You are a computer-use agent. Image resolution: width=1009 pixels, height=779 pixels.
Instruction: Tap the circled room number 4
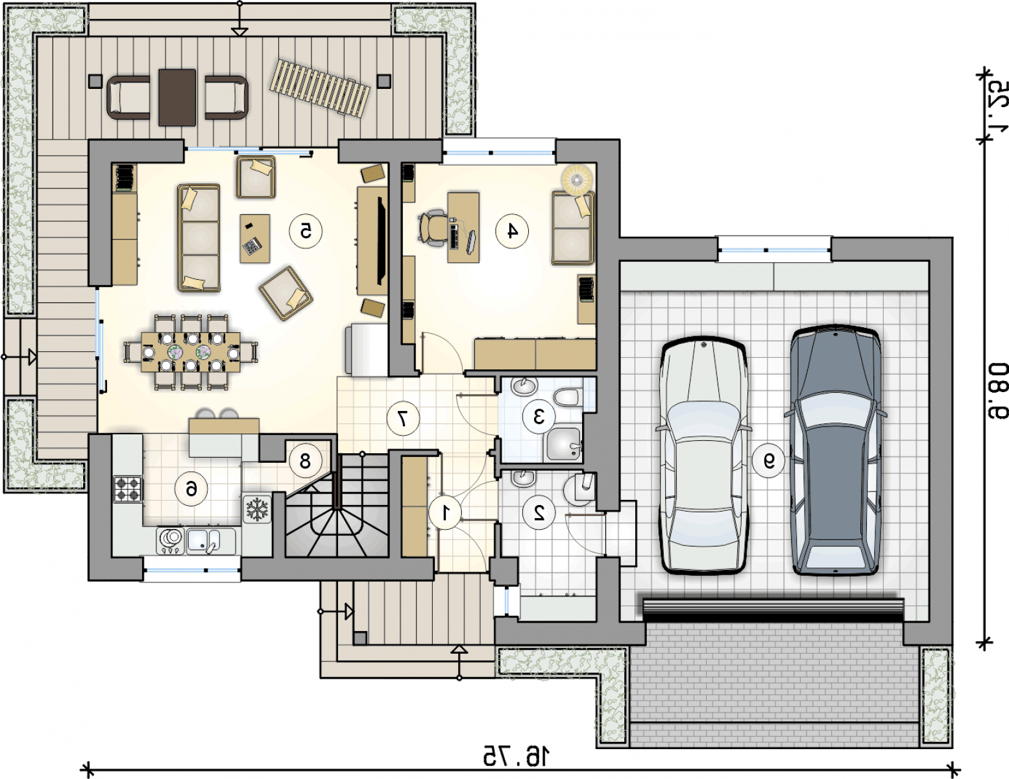click(x=511, y=231)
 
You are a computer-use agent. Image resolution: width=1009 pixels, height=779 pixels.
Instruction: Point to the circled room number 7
click(x=403, y=419)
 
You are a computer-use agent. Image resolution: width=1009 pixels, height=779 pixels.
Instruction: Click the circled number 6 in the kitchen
click(x=191, y=489)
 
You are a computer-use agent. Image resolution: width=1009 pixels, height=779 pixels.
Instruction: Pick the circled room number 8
click(x=305, y=462)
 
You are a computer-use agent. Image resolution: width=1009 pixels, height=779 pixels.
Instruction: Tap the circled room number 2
click(x=539, y=512)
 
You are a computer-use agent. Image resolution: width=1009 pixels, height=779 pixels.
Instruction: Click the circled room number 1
click(x=445, y=512)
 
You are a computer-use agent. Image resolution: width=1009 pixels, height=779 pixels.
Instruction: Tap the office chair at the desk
click(x=432, y=227)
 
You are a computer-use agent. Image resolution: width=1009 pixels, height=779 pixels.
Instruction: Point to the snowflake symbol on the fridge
click(x=256, y=509)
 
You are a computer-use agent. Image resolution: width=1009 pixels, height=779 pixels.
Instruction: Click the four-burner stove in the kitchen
click(x=127, y=489)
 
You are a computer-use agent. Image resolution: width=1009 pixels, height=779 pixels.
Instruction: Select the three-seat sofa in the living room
click(x=199, y=238)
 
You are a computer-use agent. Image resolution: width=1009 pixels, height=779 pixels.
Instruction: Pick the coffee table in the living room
click(x=255, y=239)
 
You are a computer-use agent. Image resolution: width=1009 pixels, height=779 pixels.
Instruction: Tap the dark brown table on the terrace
click(x=177, y=97)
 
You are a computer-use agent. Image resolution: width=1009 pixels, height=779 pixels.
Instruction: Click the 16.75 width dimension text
click(x=515, y=756)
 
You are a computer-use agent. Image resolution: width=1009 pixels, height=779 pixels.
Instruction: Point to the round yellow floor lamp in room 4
click(x=577, y=179)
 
